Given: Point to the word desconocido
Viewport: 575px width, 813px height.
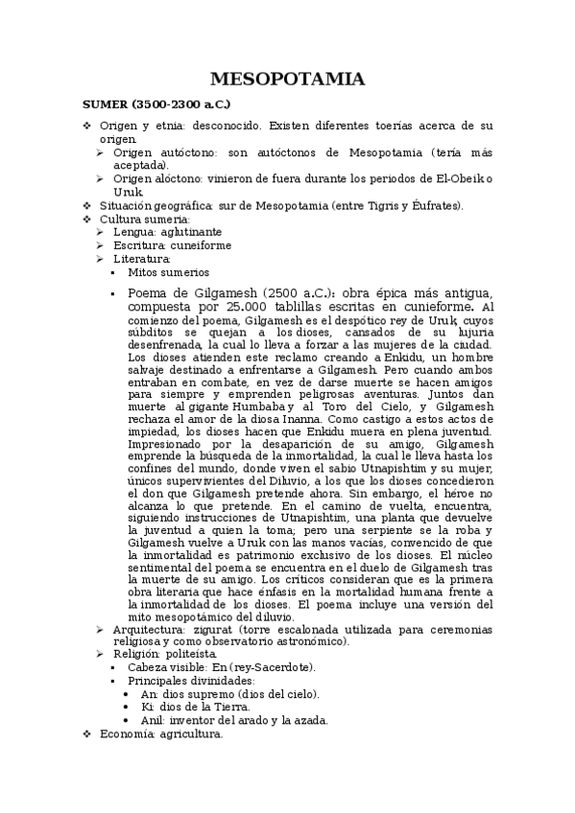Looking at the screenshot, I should [230, 127].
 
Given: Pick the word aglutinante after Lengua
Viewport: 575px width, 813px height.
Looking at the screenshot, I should [190, 232].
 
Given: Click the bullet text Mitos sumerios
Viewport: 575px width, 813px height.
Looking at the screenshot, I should [168, 272].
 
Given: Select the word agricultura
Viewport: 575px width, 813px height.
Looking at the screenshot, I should [189, 734].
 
